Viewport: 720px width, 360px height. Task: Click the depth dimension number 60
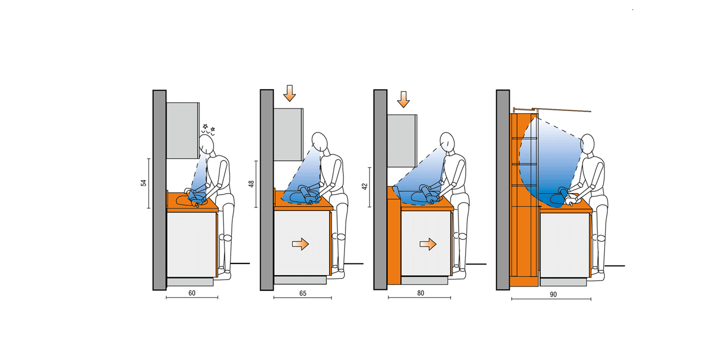coord(192,293)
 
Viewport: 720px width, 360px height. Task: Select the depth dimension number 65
coord(303,293)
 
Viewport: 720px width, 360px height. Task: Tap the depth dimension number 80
coord(421,293)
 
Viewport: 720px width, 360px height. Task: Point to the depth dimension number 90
coord(553,295)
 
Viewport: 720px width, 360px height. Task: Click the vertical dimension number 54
coord(143,183)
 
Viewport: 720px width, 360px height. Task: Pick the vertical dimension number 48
coord(252,184)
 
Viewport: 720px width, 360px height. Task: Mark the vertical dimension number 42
coord(364,186)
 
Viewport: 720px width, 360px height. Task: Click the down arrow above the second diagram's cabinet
coord(290,93)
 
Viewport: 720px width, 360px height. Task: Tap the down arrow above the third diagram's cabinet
coord(403,99)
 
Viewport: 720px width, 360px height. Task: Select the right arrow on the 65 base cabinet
coord(300,244)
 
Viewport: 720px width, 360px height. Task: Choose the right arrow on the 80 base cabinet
coord(428,244)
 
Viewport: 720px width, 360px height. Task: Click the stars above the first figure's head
coord(208,129)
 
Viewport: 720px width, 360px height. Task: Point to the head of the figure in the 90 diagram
coord(588,144)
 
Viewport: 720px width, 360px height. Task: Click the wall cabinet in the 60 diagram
coord(182,130)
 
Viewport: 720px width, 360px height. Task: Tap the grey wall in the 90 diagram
coord(503,190)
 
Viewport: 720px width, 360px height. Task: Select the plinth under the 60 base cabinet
coord(190,282)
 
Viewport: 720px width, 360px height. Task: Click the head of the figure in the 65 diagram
coord(320,142)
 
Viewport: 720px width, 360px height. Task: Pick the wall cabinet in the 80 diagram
coord(402,141)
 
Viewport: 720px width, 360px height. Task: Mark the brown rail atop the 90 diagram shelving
coord(552,110)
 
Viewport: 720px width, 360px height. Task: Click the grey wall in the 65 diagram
coord(267,190)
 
